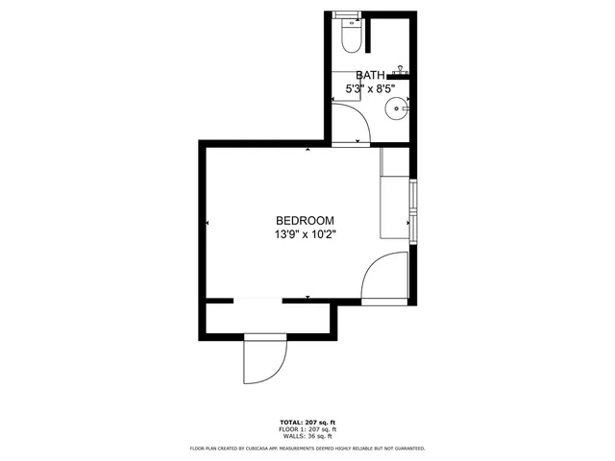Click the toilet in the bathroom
click(351, 36)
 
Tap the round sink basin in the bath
click(398, 109)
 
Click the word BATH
click(371, 75)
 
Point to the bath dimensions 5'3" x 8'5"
click(371, 88)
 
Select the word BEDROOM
click(306, 220)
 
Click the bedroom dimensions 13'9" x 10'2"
click(306, 233)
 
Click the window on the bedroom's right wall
click(413, 208)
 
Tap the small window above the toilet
click(346, 13)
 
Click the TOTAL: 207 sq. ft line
click(307, 422)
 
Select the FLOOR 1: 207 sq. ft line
click(307, 428)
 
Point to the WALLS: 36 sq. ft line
click(307, 435)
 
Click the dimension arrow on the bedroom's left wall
click(208, 223)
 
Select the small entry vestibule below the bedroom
click(270, 317)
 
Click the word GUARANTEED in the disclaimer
click(409, 449)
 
